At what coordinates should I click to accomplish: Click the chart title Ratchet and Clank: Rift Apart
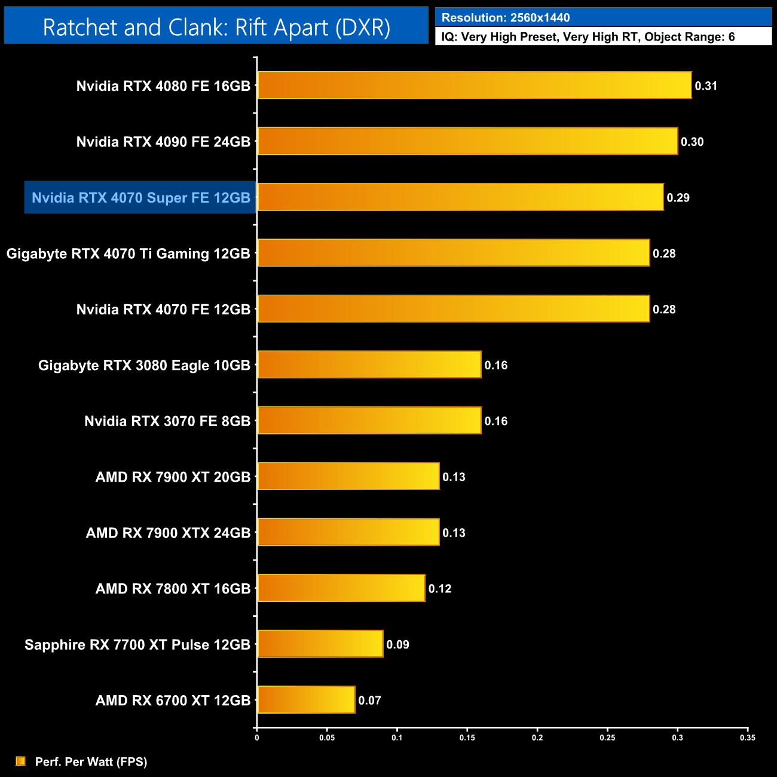pyautogui.click(x=216, y=27)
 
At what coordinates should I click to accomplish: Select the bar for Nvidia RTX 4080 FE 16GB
pyautogui.click(x=474, y=85)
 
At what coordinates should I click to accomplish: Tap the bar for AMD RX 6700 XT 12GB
pyautogui.click(x=306, y=700)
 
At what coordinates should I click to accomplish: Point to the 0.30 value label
pyautogui.click(x=692, y=142)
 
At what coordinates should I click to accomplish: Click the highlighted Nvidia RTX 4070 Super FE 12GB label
pyautogui.click(x=140, y=198)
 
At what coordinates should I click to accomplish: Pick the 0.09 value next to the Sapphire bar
pyautogui.click(x=397, y=644)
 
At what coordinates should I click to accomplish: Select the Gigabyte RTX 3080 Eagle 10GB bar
pyautogui.click(x=369, y=365)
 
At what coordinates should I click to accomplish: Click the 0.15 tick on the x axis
pyautogui.click(x=467, y=738)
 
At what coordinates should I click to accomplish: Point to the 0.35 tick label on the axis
pyautogui.click(x=747, y=738)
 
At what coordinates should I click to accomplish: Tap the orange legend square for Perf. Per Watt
pyautogui.click(x=21, y=761)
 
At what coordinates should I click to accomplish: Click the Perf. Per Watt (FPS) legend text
pyautogui.click(x=91, y=761)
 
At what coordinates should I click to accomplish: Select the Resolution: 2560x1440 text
pyautogui.click(x=506, y=18)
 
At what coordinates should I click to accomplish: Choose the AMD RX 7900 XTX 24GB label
pyautogui.click(x=168, y=533)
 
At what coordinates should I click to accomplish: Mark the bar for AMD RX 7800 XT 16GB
pyautogui.click(x=341, y=588)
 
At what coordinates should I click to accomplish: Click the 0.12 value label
pyautogui.click(x=440, y=589)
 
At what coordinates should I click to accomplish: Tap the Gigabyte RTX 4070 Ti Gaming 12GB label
pyautogui.click(x=128, y=253)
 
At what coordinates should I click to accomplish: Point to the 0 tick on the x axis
pyautogui.click(x=257, y=738)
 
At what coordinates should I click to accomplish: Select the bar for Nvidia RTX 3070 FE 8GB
pyautogui.click(x=369, y=420)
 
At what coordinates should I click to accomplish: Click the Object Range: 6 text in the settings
pyautogui.click(x=689, y=37)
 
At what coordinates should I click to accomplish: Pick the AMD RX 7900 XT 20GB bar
pyautogui.click(x=348, y=476)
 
